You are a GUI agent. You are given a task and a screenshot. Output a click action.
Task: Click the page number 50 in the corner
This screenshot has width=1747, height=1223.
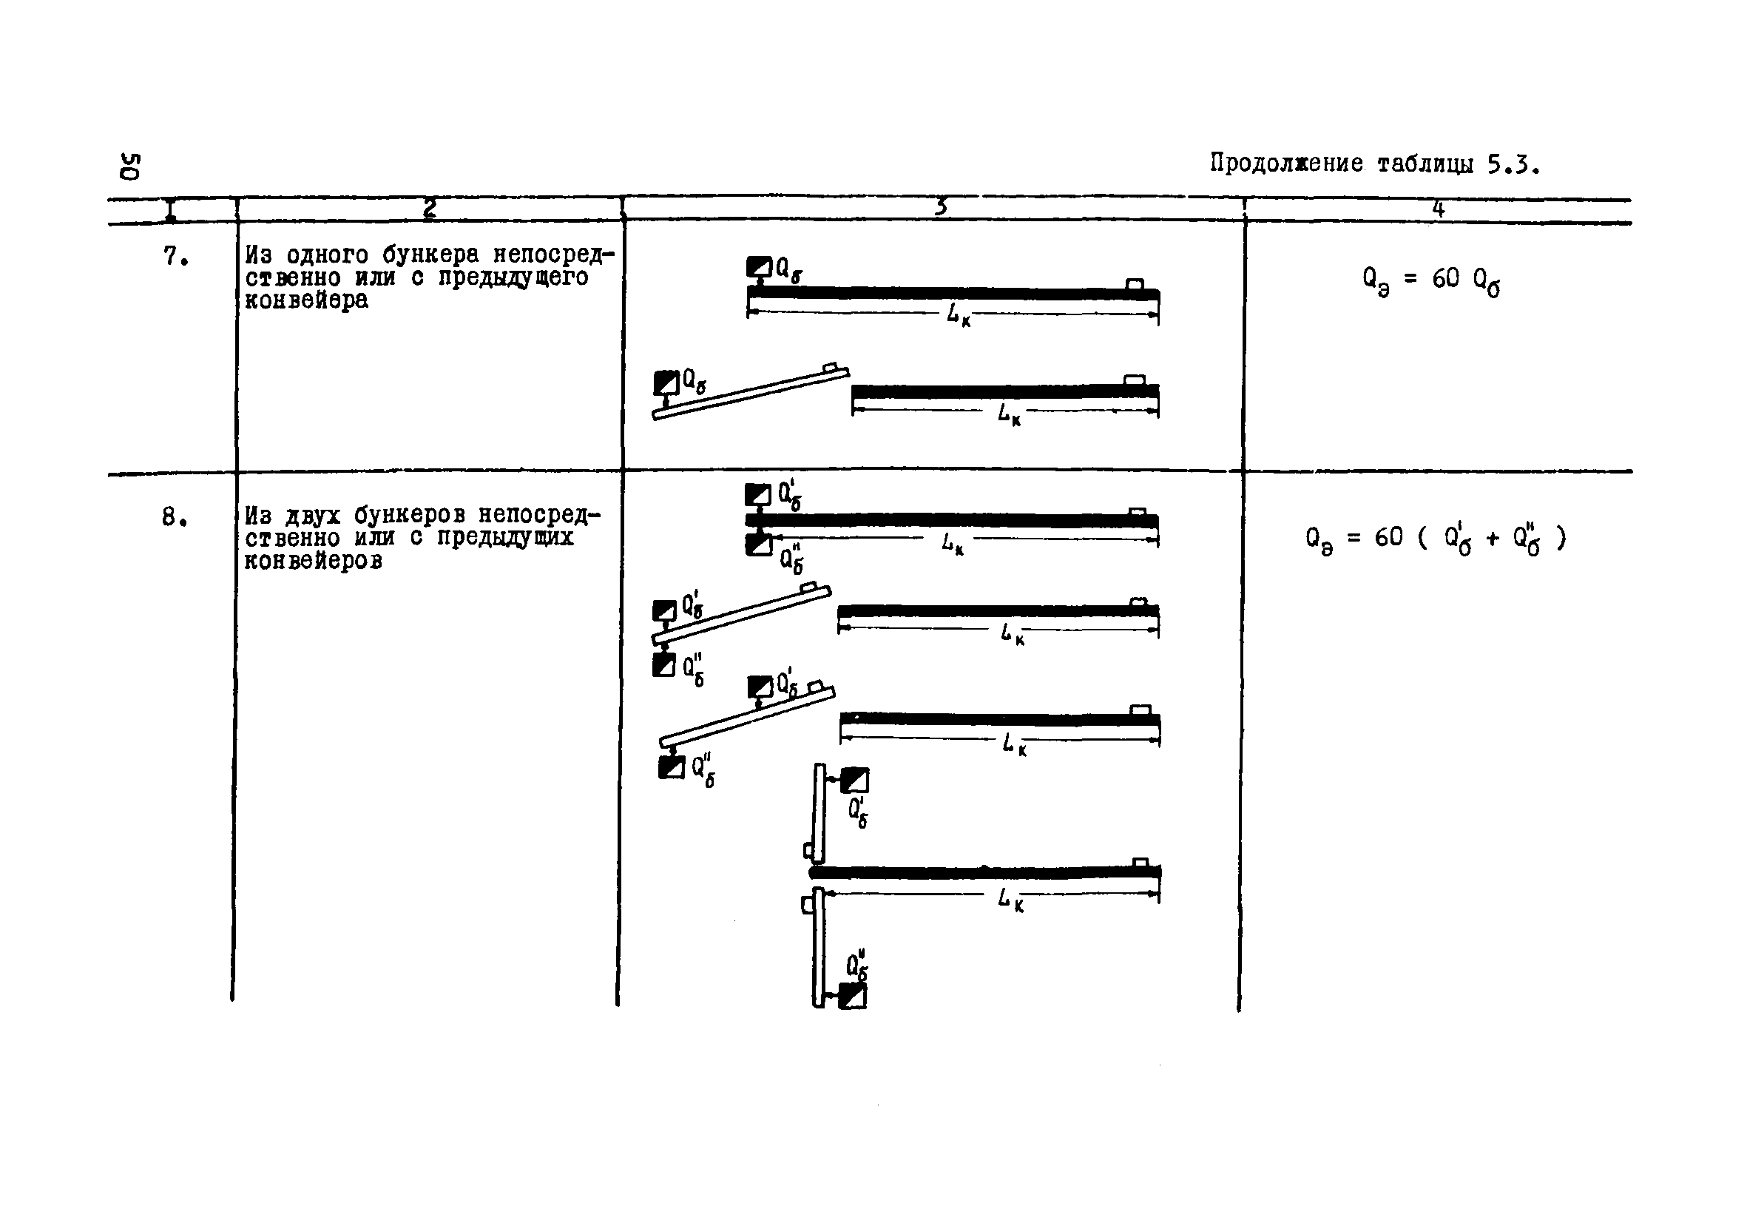tap(129, 166)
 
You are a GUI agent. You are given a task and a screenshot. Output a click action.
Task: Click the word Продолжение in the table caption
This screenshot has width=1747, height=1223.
tap(1286, 164)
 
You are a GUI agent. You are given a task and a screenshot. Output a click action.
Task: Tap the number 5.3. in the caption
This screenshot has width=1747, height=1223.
tap(1514, 164)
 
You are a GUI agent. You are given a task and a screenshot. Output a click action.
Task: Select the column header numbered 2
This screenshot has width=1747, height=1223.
tap(430, 208)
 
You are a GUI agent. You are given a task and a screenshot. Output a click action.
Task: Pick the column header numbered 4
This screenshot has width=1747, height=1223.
tap(1438, 208)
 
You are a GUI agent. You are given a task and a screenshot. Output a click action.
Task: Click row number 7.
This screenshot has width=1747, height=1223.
tap(175, 257)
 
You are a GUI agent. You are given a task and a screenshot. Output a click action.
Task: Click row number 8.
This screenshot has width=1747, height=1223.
tap(175, 517)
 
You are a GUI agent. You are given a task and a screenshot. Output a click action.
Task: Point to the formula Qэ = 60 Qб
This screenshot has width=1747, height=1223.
tap(1431, 281)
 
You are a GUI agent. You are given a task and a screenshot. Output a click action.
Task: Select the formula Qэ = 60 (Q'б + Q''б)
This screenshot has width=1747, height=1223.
tap(1435, 539)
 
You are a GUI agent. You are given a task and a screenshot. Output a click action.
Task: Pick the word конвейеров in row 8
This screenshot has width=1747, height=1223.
tap(314, 562)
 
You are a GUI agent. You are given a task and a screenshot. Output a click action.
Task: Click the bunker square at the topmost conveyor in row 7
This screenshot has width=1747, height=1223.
tap(759, 267)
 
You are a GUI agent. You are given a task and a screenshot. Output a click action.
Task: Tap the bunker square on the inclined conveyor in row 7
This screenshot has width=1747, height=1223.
tap(666, 382)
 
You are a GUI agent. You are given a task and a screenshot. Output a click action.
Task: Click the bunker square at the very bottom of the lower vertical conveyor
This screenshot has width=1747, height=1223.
tap(852, 996)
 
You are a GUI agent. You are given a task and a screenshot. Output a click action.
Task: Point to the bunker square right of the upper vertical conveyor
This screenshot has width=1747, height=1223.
tap(854, 780)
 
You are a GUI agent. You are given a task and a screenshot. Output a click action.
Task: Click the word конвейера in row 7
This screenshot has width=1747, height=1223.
tap(306, 300)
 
